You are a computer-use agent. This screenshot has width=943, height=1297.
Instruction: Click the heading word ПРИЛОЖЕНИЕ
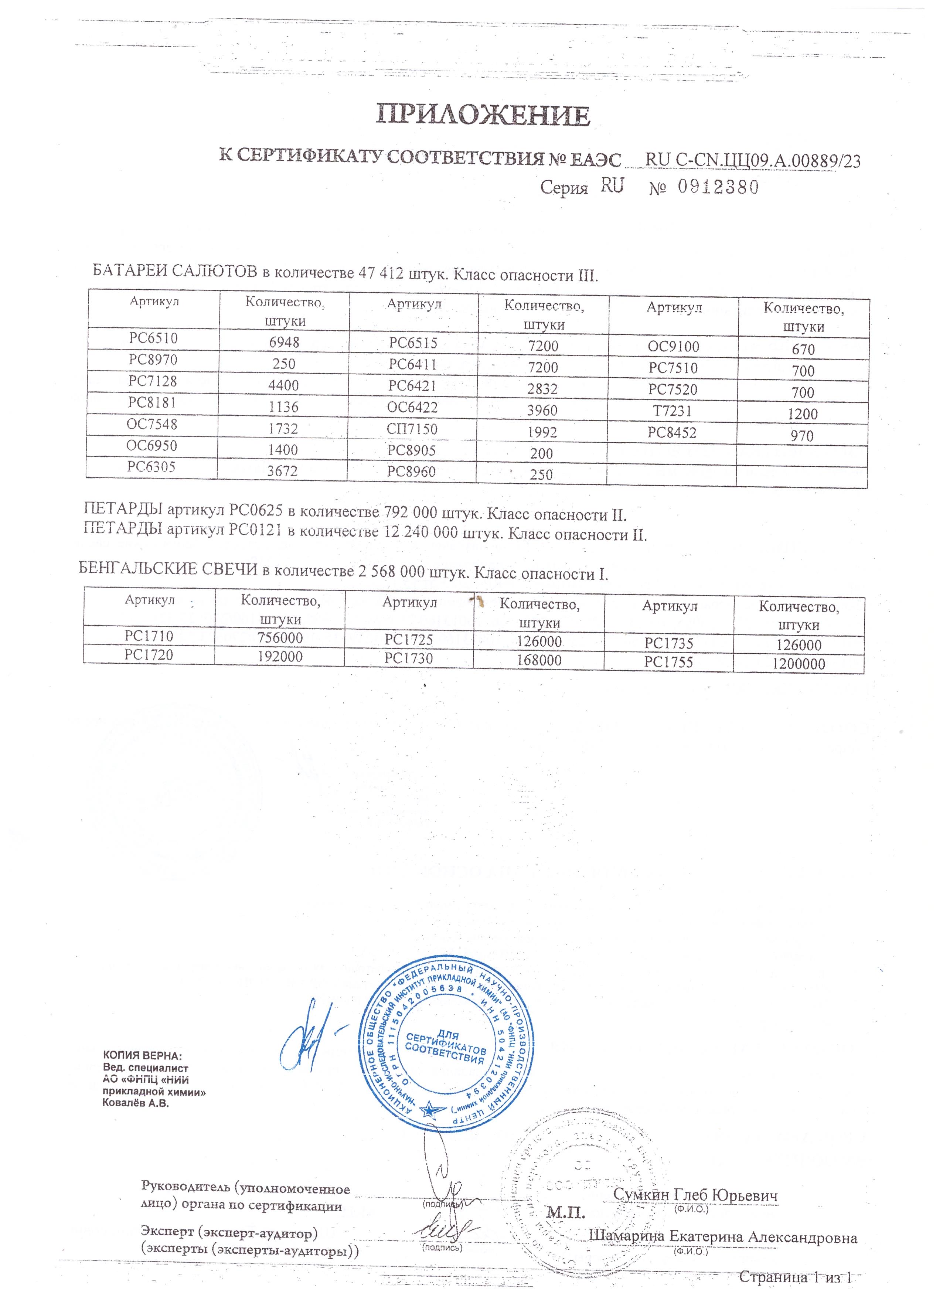click(x=483, y=116)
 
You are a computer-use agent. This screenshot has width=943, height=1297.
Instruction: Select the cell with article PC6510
click(x=153, y=338)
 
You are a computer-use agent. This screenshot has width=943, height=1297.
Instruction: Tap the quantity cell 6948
click(x=284, y=343)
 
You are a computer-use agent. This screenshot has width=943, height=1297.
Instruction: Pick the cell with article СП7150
click(x=412, y=429)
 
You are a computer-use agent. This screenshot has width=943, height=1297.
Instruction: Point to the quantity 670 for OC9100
click(x=803, y=349)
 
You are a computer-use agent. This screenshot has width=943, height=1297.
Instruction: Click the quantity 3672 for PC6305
click(x=283, y=471)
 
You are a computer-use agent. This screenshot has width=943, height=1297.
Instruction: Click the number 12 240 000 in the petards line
click(x=421, y=532)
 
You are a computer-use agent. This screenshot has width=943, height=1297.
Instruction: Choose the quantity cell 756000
click(x=280, y=638)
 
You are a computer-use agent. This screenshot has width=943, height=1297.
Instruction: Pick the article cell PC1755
click(x=668, y=662)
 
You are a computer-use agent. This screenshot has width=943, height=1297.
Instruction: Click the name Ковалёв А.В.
click(x=136, y=1103)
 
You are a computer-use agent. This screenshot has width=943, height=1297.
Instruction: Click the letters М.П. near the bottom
click(x=566, y=1212)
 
